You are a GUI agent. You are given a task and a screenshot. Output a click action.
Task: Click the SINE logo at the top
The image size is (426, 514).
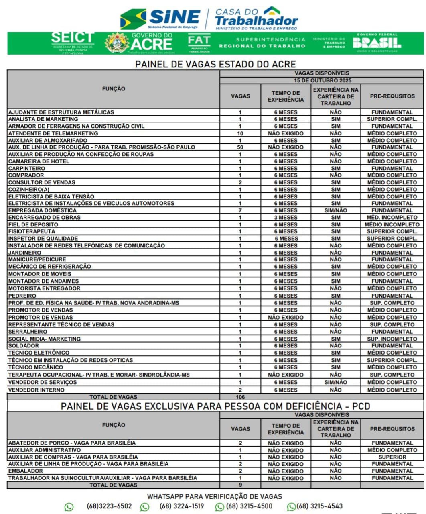tap(160, 18)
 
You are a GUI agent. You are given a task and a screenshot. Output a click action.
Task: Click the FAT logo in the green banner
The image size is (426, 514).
tap(199, 43)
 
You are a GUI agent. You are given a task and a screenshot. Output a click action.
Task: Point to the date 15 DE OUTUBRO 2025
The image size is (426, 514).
tap(322, 80)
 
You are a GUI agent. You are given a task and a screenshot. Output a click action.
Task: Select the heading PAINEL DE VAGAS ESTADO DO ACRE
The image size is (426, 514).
tap(215, 64)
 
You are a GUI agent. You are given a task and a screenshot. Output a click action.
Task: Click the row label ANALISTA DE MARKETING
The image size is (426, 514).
tap(43, 119)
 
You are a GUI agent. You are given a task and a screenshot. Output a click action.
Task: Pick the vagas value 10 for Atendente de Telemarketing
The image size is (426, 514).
tap(240, 133)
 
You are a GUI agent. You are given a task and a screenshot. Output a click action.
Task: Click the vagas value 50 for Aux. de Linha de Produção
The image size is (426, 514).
tap(240, 147)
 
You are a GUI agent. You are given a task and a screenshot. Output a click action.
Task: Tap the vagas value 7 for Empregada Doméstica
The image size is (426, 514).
tap(240, 210)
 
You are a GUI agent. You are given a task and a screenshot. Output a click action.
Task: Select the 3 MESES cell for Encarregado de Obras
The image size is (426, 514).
tap(286, 218)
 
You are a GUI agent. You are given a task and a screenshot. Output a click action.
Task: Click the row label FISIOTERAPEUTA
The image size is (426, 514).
tap(32, 231)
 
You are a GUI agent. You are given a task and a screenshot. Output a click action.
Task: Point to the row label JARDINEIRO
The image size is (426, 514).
tap(25, 253)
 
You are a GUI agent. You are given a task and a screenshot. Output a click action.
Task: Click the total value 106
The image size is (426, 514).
tap(240, 397)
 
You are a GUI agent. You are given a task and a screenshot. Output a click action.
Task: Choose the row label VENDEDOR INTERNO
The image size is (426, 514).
tap(36, 390)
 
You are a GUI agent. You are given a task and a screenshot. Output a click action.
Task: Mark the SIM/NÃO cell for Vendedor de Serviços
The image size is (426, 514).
tap(336, 382)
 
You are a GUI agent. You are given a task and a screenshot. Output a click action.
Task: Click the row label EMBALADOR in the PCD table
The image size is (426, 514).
tap(25, 471)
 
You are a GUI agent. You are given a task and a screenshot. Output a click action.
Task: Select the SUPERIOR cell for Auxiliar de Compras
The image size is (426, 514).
tap(392, 457)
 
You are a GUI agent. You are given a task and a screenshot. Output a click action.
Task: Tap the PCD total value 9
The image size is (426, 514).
tap(240, 485)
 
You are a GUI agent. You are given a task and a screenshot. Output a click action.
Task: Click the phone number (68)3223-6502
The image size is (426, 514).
tap(109, 506)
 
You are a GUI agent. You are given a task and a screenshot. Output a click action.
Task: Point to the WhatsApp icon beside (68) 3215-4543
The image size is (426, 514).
tap(291, 507)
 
